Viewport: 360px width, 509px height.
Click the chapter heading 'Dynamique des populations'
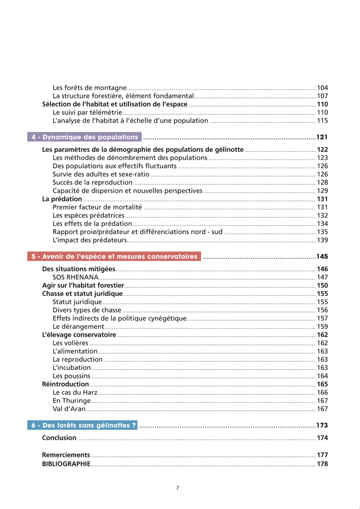pos(85,137)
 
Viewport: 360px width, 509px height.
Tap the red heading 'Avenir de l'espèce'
pos(114,256)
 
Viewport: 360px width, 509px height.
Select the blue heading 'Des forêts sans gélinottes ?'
pos(83,426)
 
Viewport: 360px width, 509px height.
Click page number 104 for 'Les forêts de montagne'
pos(322,88)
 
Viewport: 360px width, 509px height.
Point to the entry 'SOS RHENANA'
pos(76,277)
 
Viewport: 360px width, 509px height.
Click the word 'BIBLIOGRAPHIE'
pos(66,464)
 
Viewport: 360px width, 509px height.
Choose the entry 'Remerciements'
pos(66,455)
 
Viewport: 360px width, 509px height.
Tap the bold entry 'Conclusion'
pos(59,438)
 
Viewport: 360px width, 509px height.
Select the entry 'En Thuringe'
pos(72,401)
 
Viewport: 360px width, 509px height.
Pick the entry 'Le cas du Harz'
pos(75,392)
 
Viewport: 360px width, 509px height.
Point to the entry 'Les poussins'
pos(71,376)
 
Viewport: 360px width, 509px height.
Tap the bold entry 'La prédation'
pos(62,199)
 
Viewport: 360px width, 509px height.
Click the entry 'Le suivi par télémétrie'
pos(87,112)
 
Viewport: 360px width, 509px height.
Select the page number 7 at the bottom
pos(177,487)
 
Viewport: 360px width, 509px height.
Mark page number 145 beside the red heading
pos(322,257)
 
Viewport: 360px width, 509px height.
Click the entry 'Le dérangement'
pos(79,326)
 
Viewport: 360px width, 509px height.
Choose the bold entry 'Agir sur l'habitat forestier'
pos(83,285)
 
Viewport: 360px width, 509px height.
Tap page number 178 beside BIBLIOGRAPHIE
pos(322,464)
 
